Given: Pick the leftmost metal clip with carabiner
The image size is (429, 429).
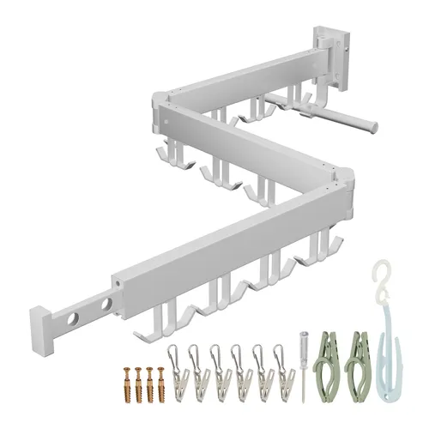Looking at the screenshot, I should click(x=177, y=369).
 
